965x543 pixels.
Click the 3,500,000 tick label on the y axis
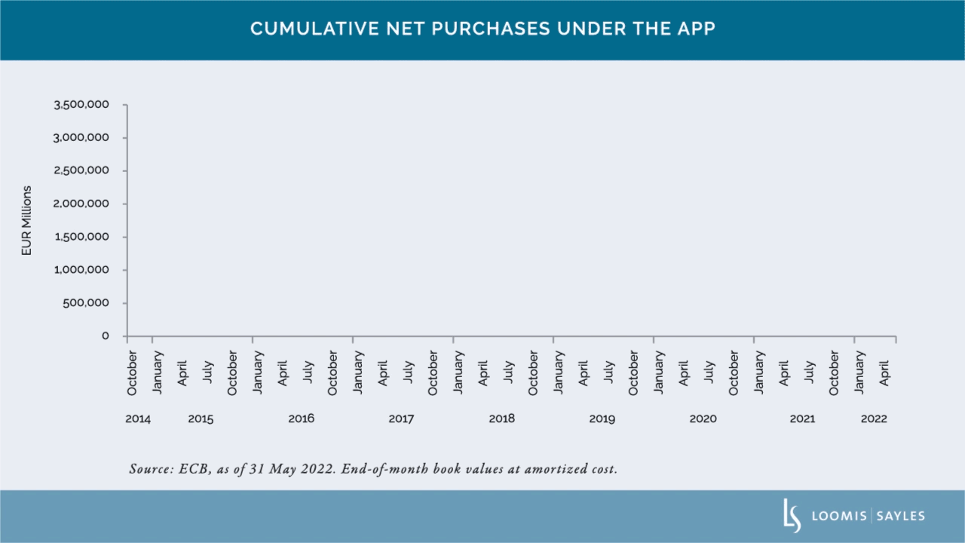[x=81, y=105]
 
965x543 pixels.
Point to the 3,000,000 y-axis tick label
[x=81, y=138]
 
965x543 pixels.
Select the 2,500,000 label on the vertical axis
[x=81, y=171]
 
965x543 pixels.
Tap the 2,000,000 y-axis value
[x=81, y=204]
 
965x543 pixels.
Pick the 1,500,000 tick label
[x=81, y=237]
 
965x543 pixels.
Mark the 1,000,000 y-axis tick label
[x=81, y=270]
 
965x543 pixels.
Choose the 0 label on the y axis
[x=106, y=336]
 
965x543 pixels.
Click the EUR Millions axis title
[x=27, y=220]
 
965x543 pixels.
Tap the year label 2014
[x=138, y=419]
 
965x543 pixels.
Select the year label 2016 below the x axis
[x=301, y=419]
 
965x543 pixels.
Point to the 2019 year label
[x=602, y=419]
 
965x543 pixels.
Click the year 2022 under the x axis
[x=874, y=419]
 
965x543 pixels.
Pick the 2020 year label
[x=703, y=419]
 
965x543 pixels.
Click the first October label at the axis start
[x=132, y=373]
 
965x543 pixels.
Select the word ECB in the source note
[x=196, y=469]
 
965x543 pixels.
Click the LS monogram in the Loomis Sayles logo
[x=792, y=516]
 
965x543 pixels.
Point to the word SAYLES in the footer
[x=901, y=517]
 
